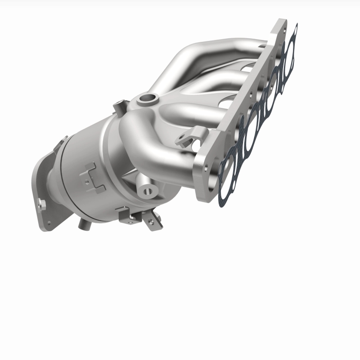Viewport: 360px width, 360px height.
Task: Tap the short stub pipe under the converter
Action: (x=83, y=222)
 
